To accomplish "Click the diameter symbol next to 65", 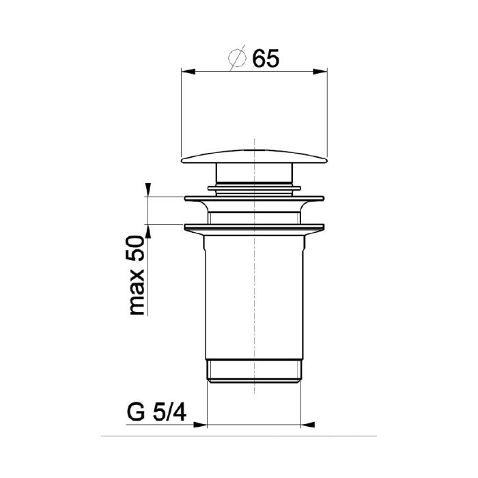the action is coord(237,58).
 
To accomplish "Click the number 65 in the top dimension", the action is coord(266,59).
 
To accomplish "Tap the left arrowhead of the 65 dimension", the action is coord(188,71).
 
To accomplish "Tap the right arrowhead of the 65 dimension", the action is coord(320,71).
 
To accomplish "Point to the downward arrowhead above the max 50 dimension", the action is coord(148,190).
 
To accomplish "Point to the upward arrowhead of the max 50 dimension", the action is coord(148,231).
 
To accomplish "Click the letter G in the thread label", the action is coord(136,412).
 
